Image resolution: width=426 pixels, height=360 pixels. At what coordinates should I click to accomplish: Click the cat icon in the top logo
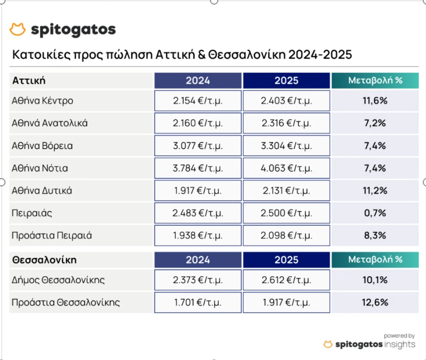click(18, 30)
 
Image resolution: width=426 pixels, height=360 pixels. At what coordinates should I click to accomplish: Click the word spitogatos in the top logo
click(73, 30)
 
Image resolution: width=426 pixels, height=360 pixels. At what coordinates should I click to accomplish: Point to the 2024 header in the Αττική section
click(198, 81)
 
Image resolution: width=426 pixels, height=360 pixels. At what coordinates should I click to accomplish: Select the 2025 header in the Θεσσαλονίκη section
click(286, 259)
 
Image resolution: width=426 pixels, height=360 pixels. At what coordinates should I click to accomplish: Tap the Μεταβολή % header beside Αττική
click(375, 81)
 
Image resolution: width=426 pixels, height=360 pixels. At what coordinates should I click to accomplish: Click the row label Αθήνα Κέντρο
click(43, 101)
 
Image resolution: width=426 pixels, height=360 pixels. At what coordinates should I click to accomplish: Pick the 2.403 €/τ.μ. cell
click(286, 101)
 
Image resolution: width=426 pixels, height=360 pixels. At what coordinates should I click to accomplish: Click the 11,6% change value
click(375, 101)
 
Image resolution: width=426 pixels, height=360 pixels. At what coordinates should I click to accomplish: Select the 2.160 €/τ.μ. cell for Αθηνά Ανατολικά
click(198, 123)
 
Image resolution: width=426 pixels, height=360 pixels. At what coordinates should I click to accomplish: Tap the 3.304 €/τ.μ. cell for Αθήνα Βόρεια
click(286, 146)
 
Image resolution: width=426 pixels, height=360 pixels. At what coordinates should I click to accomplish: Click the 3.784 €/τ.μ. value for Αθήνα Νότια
click(198, 168)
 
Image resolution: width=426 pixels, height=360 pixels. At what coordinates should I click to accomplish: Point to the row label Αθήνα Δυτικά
click(42, 191)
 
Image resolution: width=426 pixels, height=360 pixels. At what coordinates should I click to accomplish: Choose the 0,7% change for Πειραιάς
click(375, 213)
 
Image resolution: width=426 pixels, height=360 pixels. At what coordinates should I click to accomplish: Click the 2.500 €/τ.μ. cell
click(286, 213)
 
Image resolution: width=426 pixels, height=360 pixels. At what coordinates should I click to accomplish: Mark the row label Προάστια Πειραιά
click(52, 235)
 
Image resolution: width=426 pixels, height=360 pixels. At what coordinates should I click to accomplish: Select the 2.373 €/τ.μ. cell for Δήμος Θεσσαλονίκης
click(198, 280)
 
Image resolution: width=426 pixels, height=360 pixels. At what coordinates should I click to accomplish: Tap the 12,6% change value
click(375, 302)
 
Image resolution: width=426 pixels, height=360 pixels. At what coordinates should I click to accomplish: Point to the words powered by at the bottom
click(399, 336)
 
